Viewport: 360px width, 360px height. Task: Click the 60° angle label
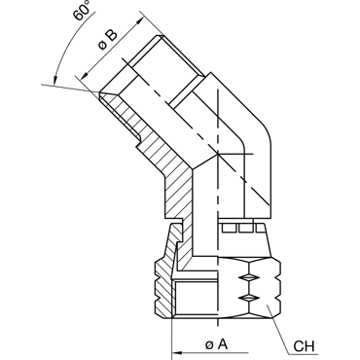click(x=82, y=10)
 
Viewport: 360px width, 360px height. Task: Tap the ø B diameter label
click(x=108, y=40)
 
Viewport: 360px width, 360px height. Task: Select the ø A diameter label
click(x=217, y=344)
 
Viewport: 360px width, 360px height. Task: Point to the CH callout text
click(x=304, y=346)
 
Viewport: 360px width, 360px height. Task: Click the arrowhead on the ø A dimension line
click(x=177, y=352)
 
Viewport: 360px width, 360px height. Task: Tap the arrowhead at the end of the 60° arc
click(x=54, y=80)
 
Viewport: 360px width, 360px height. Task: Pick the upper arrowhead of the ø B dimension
click(x=140, y=21)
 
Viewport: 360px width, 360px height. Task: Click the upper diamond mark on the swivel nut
click(x=249, y=277)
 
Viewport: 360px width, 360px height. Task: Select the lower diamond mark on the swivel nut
click(x=249, y=298)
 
